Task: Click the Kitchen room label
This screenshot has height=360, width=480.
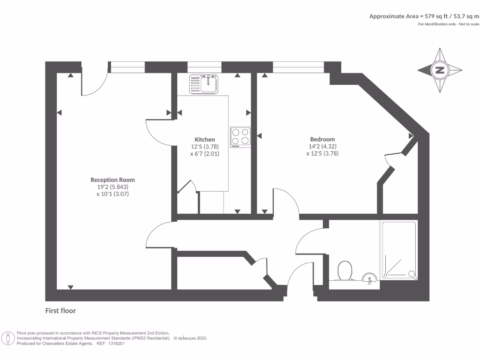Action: (205, 140)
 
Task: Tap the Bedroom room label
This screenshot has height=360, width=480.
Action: (322, 139)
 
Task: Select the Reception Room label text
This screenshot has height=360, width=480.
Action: (112, 180)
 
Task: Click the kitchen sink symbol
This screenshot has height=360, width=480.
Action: (204, 84)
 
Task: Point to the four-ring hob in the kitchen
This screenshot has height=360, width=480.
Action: (240, 136)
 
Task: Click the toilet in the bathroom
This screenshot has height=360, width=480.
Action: (345, 270)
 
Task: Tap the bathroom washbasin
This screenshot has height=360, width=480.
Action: (370, 278)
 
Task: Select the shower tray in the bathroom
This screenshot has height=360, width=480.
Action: (399, 250)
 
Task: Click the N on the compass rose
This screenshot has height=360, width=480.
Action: (440, 70)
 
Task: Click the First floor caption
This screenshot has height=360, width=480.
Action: (60, 311)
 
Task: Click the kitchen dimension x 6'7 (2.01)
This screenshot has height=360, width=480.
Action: (205, 153)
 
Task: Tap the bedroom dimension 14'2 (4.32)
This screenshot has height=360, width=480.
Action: (322, 146)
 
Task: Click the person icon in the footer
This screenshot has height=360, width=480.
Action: (8, 337)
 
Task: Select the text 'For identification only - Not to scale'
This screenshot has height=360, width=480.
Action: (449, 24)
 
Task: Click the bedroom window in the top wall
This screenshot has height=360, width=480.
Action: (298, 67)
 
